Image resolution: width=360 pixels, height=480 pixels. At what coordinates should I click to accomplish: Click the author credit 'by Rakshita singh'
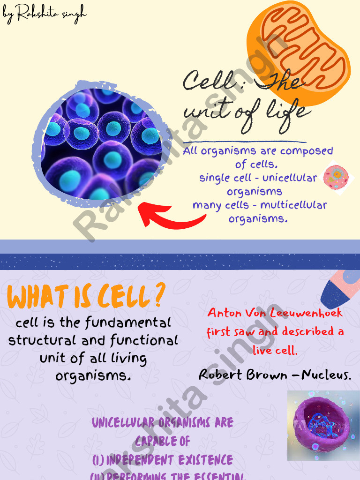[45, 14]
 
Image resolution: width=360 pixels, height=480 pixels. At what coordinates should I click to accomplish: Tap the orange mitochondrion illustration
[300, 52]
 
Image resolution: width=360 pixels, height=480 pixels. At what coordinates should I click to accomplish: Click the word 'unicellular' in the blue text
[290, 178]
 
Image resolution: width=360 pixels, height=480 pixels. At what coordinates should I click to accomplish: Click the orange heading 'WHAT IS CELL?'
[87, 296]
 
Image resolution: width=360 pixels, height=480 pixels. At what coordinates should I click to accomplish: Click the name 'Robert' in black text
[221, 375]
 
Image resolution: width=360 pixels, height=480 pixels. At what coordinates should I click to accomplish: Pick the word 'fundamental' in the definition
[128, 322]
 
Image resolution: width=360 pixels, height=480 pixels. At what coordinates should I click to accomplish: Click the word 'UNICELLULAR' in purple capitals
[124, 423]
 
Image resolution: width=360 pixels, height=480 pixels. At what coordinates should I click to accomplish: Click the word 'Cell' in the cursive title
[202, 82]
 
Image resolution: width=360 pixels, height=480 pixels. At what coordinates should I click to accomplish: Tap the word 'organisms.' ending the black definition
[93, 376]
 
